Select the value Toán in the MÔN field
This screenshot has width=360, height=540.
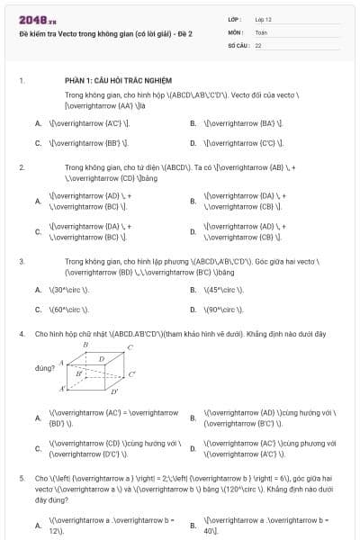(x=261, y=31)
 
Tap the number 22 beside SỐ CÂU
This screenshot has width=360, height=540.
(x=258, y=44)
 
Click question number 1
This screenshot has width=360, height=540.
(x=21, y=80)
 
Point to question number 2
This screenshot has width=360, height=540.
(x=21, y=166)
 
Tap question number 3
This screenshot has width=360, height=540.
(x=21, y=262)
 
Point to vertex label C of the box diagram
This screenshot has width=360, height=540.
(x=130, y=346)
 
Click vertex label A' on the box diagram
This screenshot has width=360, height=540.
(x=63, y=389)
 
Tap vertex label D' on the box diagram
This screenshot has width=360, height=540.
(x=114, y=392)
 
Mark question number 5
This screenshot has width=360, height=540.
(x=21, y=479)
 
